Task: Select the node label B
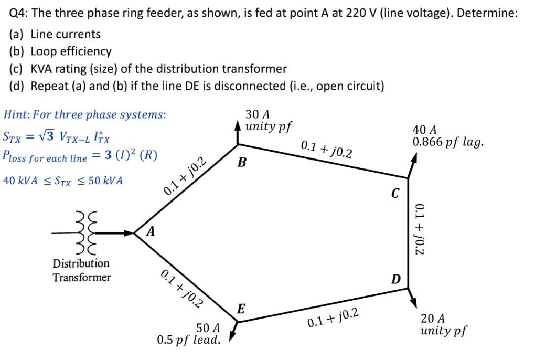click(x=242, y=162)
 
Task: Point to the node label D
click(x=397, y=279)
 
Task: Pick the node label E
click(x=241, y=308)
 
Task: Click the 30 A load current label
click(x=258, y=114)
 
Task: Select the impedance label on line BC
click(x=327, y=149)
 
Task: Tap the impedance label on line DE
click(x=334, y=318)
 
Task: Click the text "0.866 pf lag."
click(x=448, y=142)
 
